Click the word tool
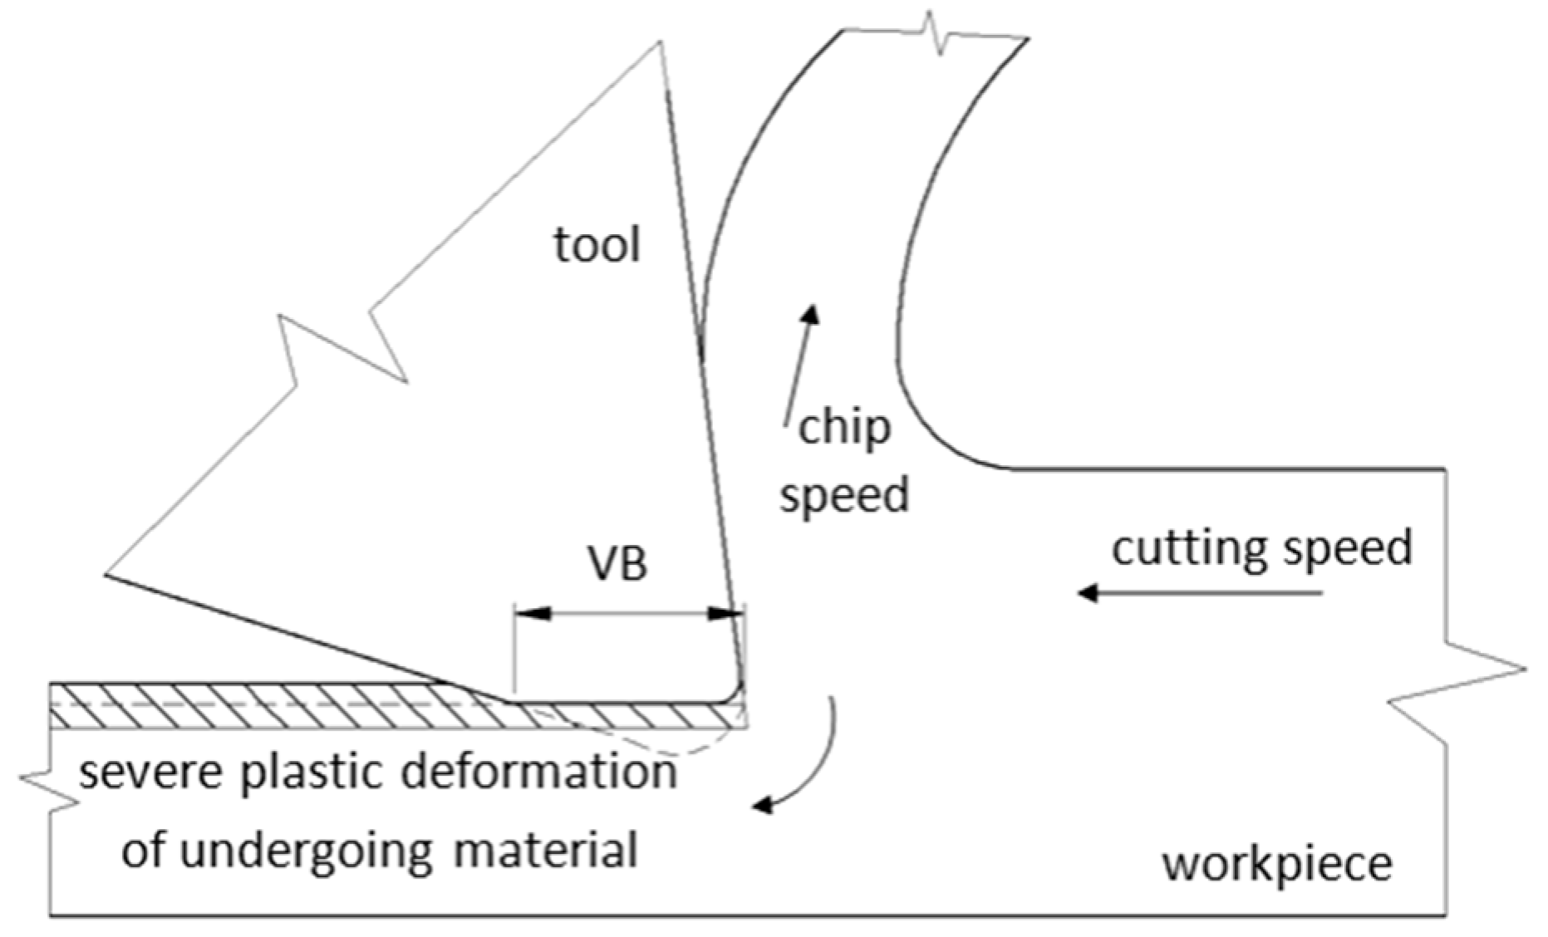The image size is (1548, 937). (x=597, y=245)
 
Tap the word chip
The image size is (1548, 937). (x=844, y=429)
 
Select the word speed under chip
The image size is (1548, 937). (x=844, y=495)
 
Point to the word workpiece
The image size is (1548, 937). (x=1277, y=865)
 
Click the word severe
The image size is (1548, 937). (x=150, y=772)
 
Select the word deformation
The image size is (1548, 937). (x=539, y=772)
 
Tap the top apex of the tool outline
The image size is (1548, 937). (x=660, y=42)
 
